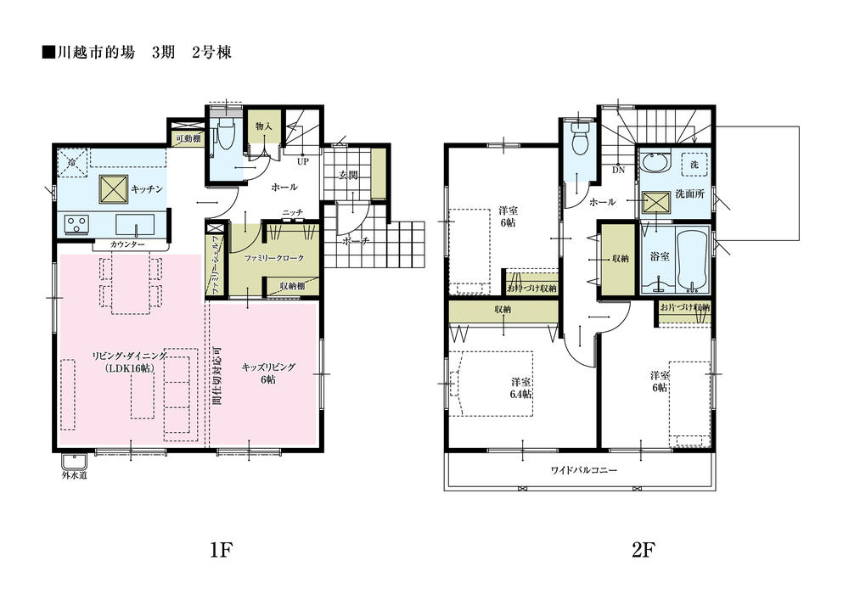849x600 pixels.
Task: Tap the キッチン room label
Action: click(147, 189)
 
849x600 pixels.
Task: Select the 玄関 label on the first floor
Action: click(349, 176)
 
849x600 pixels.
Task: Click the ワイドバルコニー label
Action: click(583, 470)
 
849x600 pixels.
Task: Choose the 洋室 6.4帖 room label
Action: click(521, 388)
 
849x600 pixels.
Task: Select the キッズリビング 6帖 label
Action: click(267, 373)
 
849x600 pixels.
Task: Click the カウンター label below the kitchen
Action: click(127, 244)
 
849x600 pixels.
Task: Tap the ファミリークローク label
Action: click(267, 256)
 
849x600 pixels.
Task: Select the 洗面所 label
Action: click(689, 194)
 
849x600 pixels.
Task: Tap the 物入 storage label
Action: click(263, 126)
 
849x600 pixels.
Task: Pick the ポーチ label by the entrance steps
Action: click(355, 241)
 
